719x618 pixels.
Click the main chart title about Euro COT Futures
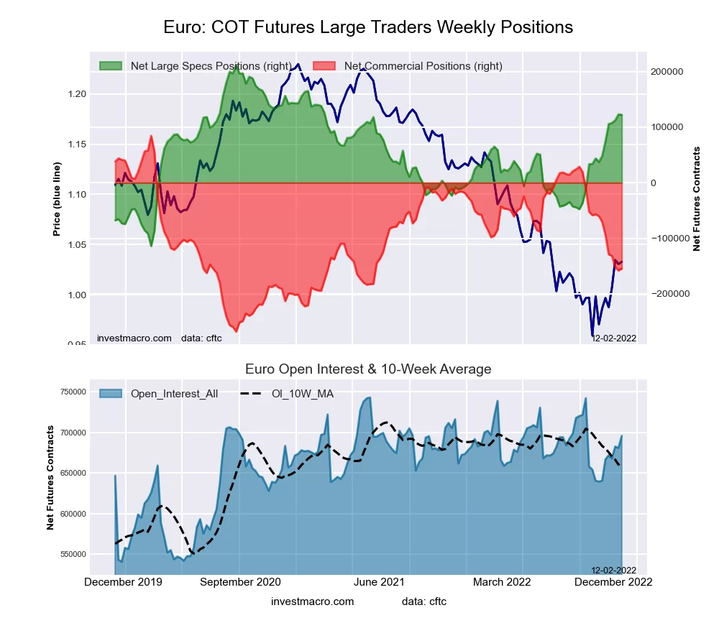[x=368, y=27]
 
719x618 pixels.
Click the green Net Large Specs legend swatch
[x=111, y=66]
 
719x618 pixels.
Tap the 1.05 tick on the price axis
[x=76, y=245]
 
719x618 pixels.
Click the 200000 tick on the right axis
[x=665, y=72]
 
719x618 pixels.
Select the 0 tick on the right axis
[x=654, y=183]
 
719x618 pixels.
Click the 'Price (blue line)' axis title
[x=57, y=199]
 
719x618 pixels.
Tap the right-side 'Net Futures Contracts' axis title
[x=696, y=199]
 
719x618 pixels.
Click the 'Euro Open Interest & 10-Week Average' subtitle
[x=368, y=369]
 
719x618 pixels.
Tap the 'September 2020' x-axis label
[x=241, y=582]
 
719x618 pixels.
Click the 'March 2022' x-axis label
[x=501, y=582]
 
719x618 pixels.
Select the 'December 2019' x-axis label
[x=123, y=582]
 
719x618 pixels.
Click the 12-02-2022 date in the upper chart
[x=613, y=338]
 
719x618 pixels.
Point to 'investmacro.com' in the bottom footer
[x=313, y=601]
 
